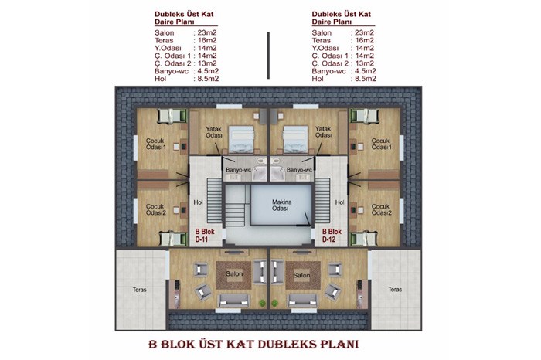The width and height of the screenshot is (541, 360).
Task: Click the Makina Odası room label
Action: pos(281,205)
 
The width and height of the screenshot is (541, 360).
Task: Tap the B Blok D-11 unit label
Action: pos(205,235)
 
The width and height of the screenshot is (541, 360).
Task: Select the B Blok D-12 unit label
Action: pos(332,235)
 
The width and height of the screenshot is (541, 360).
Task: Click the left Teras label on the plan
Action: pos(139,290)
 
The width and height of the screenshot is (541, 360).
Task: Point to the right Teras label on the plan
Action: pos(395,289)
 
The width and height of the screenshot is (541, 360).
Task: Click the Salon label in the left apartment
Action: pos(234,273)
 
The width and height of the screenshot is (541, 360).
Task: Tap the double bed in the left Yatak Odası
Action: pos(241,139)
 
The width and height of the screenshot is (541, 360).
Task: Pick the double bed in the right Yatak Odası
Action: pos(295,139)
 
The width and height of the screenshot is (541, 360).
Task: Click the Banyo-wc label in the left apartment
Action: pos(238,170)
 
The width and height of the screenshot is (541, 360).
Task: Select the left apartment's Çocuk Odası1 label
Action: pos(156,144)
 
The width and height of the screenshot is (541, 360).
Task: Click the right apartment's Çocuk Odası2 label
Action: pos(382,209)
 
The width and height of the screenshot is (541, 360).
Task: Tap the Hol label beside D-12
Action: pos(339,202)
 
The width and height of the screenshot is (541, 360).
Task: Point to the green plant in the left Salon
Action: pos(263,303)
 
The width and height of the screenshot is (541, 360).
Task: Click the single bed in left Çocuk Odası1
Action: pos(172,116)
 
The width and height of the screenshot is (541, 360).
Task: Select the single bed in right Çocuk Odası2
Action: pos(364,239)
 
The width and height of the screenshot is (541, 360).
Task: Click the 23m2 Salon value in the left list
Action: pos(207,32)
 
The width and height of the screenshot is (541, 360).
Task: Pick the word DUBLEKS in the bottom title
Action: pos(288,344)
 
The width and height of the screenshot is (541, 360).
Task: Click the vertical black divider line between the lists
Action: pos(268,56)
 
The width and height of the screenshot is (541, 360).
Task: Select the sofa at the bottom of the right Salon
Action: pos(303,301)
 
